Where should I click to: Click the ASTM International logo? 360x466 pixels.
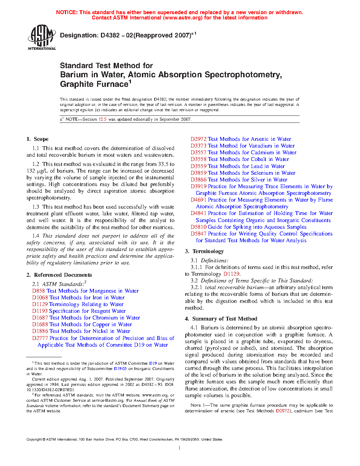(x=41, y=37)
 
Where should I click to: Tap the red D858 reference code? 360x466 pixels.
(x=38, y=291)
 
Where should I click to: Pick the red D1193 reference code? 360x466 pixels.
(x=40, y=311)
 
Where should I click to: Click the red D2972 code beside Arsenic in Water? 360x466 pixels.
(x=198, y=139)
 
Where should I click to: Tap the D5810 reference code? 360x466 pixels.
(x=198, y=227)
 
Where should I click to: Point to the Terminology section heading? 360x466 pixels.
(x=208, y=251)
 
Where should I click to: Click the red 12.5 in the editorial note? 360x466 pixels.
(x=102, y=119)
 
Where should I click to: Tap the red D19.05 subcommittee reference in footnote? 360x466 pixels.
(x=120, y=369)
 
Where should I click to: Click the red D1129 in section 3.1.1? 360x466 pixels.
(x=231, y=274)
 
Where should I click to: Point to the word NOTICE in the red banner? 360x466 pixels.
(x=67, y=12)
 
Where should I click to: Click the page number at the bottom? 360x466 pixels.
(x=180, y=448)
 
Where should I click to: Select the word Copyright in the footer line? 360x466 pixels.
(x=34, y=440)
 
